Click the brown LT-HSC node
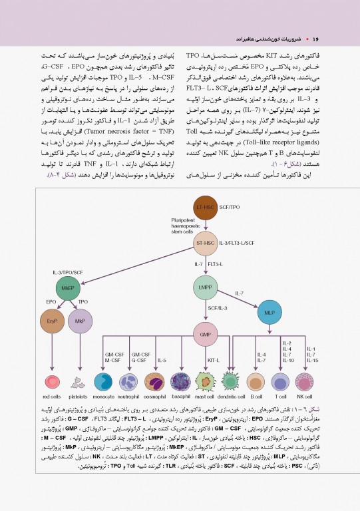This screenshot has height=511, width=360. click(x=205, y=210)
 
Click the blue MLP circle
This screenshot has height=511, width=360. click(x=269, y=312)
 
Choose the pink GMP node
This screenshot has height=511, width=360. click(x=205, y=333)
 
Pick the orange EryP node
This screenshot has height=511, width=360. click(x=51, y=323)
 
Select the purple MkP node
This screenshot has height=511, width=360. click(x=81, y=323)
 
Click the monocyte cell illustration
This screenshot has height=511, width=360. click(x=104, y=382)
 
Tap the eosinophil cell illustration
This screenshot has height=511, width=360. click(x=154, y=382)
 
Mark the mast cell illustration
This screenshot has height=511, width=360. click(x=206, y=382)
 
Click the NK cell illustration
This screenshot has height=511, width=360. click(x=305, y=382)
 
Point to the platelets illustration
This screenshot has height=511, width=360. click(x=78, y=382)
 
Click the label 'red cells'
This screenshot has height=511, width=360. click(x=51, y=397)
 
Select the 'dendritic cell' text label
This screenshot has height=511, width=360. click(x=231, y=397)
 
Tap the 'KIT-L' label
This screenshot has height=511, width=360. click(x=214, y=360)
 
